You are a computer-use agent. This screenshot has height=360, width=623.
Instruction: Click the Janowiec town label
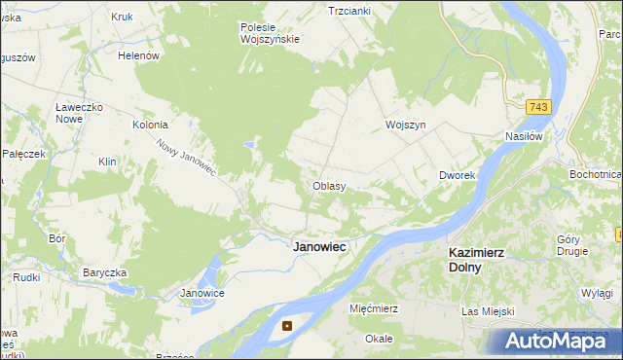pos(320,247)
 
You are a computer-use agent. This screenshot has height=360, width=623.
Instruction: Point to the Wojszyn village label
pos(406,126)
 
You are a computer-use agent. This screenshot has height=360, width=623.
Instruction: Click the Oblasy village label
pos(329,186)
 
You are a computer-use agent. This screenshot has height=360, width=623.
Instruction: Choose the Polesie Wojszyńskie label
pos(270,33)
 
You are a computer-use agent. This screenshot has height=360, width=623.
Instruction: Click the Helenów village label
pos(138,56)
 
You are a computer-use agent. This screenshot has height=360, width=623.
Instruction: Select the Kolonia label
pos(151,126)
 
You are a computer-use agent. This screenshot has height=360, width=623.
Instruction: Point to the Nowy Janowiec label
pos(186,157)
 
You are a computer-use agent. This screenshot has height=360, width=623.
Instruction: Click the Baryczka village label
pos(106,272)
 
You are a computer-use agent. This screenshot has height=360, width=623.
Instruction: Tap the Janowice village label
pos(203,293)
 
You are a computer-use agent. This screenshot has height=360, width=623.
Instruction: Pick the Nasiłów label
pos(524,137)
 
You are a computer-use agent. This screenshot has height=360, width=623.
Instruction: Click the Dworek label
pos(456,176)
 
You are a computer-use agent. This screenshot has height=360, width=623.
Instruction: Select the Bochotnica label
pos(596,174)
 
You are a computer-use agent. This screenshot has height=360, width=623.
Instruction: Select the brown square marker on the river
pos(287,326)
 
